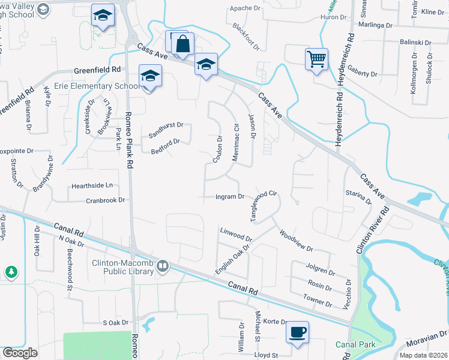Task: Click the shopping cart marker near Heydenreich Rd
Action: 316,59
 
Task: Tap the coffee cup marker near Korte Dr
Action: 298,332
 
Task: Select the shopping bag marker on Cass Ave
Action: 183,44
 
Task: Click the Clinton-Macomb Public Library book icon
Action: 163,265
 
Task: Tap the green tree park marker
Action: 11,272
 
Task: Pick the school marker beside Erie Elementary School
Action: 149,76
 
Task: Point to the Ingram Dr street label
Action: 230,196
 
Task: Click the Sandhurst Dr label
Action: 166,125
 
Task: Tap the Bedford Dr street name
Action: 165,146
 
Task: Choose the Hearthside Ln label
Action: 92,185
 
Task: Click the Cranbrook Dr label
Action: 105,200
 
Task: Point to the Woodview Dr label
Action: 296,239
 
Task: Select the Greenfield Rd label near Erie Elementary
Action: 98,70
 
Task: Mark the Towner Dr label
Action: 317,299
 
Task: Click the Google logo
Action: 20,353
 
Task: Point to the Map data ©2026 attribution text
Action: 423,355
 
